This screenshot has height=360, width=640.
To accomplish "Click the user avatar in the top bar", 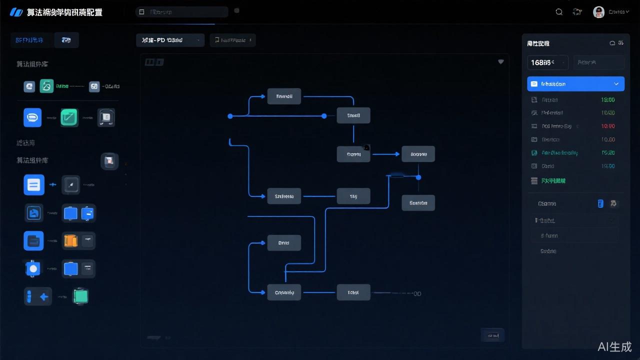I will [x=598, y=12].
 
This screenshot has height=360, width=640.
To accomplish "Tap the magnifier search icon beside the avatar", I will [x=559, y=12].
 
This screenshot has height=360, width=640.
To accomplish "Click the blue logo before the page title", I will [x=16, y=12].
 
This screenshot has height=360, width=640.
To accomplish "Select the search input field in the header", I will [x=182, y=11].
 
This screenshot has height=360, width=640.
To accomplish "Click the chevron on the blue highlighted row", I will [x=616, y=84].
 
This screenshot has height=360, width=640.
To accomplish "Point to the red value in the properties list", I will [x=608, y=126].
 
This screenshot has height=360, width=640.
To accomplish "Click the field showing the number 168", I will [x=547, y=62].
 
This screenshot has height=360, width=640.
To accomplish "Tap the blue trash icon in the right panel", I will [x=600, y=203].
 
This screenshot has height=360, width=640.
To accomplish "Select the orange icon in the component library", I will [x=70, y=241].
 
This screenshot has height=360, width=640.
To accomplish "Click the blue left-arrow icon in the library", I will [x=44, y=296].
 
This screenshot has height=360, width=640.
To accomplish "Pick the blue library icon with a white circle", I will [x=33, y=268].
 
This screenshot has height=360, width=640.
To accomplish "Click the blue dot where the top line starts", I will [x=230, y=116].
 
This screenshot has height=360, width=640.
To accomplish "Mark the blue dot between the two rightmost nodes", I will [x=418, y=177].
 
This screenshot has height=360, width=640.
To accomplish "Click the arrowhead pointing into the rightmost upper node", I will [x=398, y=154].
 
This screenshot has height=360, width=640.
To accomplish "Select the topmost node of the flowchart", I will [x=284, y=96].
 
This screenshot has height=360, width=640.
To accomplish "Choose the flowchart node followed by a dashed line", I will [x=353, y=292].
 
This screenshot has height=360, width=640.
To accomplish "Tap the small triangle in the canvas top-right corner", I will [x=500, y=62].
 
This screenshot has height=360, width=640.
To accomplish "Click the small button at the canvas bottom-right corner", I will [x=492, y=335].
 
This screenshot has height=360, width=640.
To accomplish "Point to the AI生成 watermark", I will [x=614, y=346].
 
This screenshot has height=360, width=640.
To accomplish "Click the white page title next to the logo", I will [x=65, y=12].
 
